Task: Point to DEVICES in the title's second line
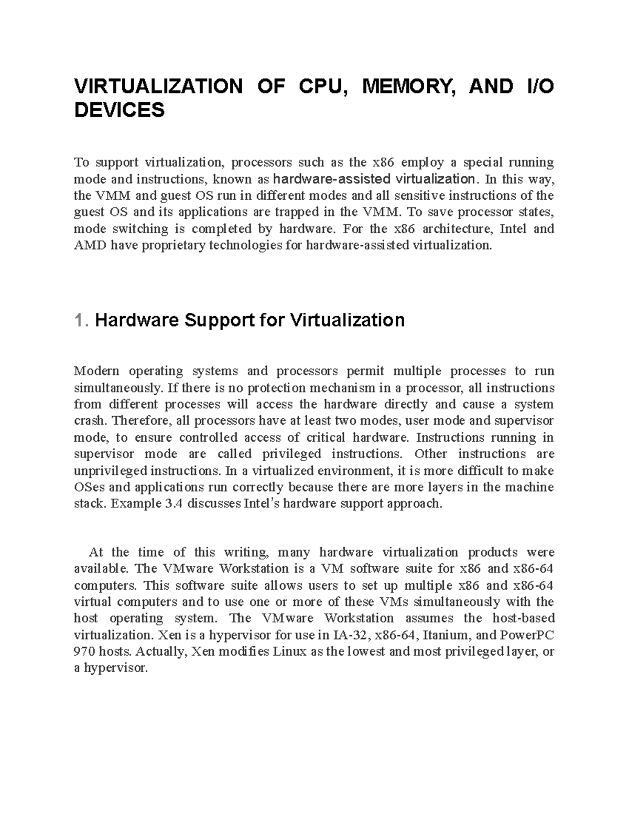coord(119,110)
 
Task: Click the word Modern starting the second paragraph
coord(96,371)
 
